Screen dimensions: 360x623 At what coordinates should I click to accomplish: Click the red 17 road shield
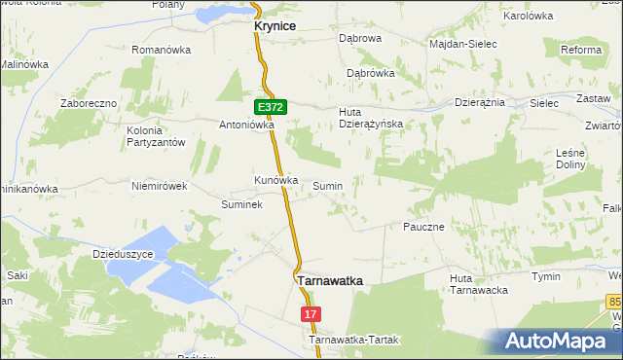click(311, 314)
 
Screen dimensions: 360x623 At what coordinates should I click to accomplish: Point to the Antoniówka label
click(247, 125)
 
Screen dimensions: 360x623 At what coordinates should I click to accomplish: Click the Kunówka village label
click(275, 180)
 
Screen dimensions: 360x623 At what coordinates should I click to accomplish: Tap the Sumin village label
click(327, 185)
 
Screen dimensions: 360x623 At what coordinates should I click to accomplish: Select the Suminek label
click(242, 205)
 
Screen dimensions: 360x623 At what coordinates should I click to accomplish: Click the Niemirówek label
click(159, 185)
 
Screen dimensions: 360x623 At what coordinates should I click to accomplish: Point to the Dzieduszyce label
click(124, 254)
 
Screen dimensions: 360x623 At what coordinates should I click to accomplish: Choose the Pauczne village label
click(423, 227)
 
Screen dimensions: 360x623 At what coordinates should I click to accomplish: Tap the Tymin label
click(545, 277)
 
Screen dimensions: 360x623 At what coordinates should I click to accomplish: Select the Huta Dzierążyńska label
click(370, 118)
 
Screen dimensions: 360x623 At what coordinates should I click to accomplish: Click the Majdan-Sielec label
click(463, 45)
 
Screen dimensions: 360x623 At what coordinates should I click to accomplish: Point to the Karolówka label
click(528, 17)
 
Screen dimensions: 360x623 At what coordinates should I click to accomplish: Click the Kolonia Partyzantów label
click(156, 136)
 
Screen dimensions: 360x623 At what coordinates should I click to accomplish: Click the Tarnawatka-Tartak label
click(354, 341)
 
